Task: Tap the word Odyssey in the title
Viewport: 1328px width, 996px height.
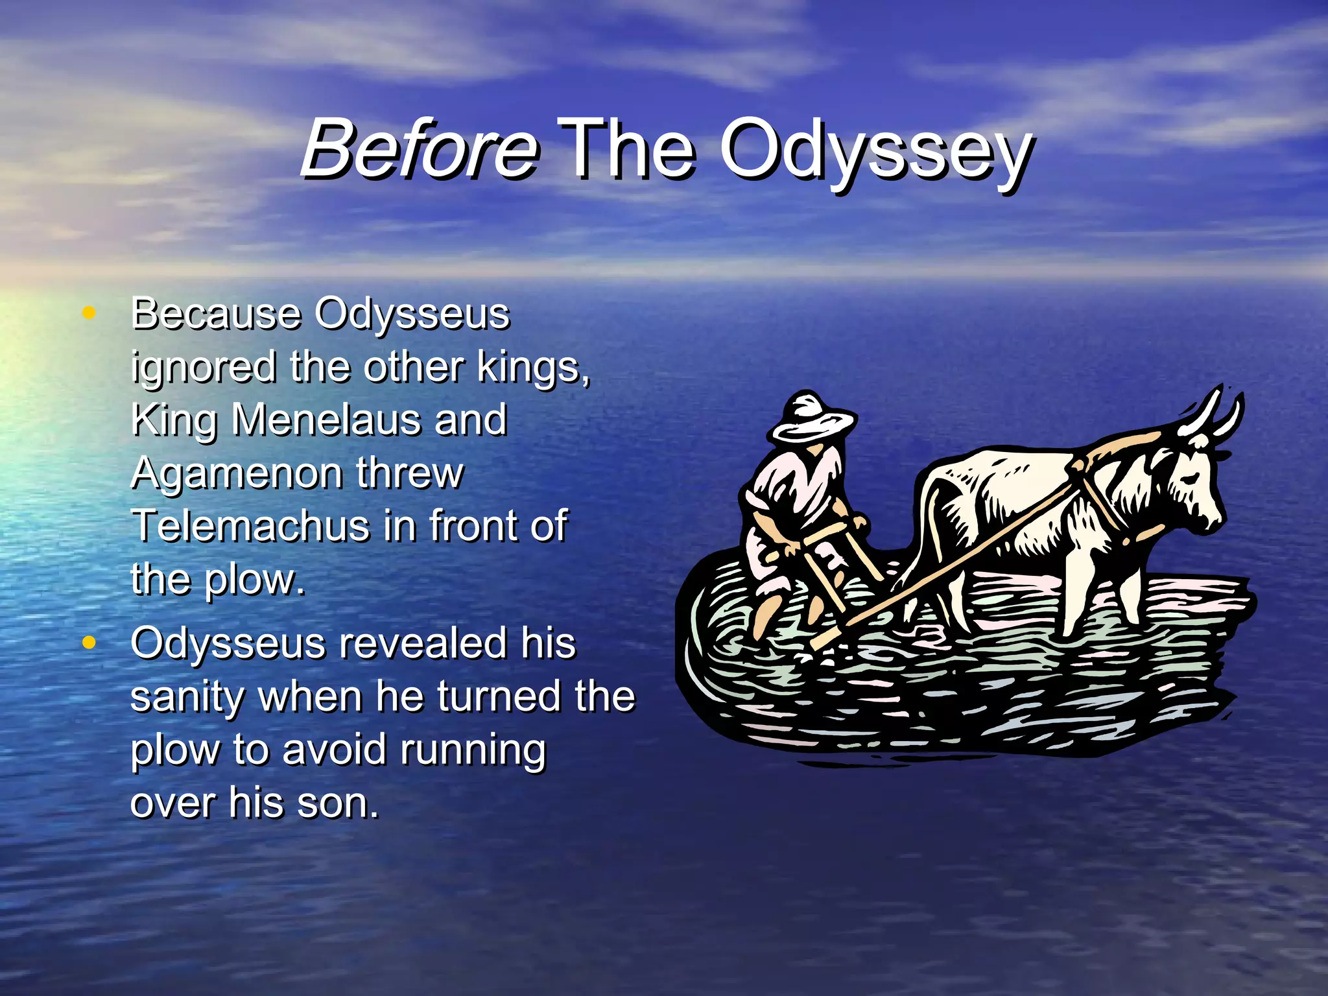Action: pos(875,152)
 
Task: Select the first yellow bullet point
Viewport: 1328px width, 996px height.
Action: pos(89,313)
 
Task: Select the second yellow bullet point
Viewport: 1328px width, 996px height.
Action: pos(89,643)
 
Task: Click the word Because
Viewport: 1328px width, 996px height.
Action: pos(216,314)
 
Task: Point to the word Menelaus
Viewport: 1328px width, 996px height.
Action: pos(327,420)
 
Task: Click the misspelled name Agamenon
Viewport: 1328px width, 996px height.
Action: pos(236,473)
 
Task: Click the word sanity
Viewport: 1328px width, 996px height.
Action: pos(187,696)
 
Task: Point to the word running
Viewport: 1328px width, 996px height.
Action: pos(473,751)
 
